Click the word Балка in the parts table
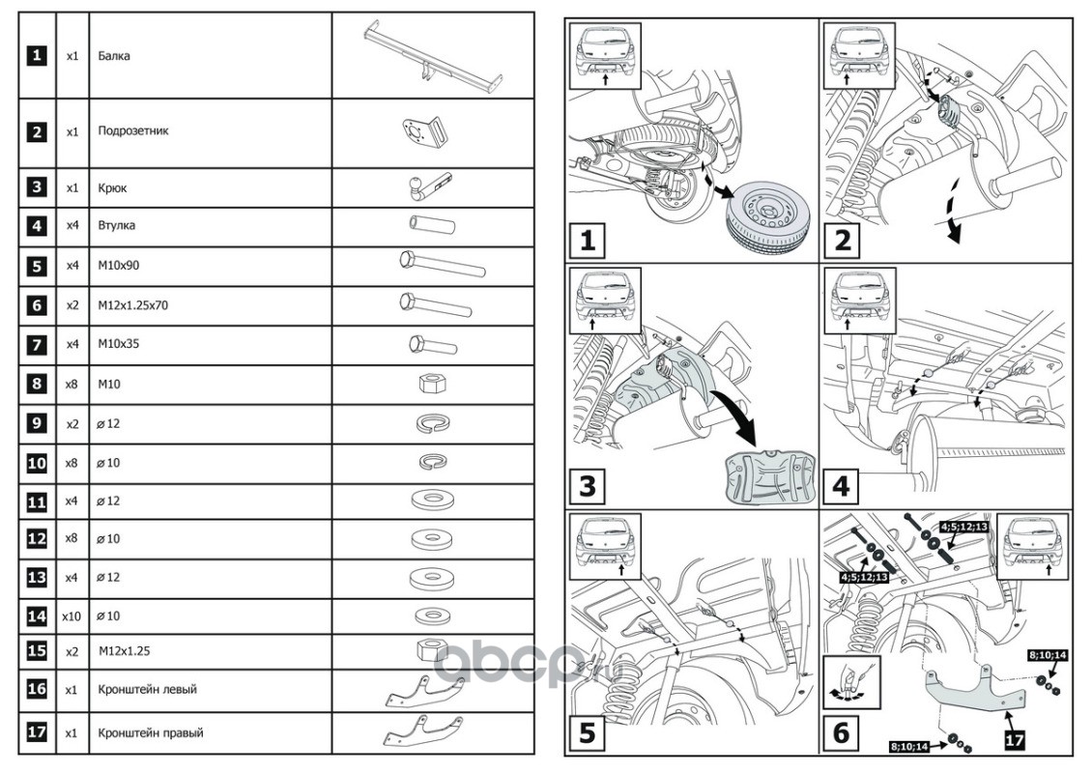pyautogui.click(x=114, y=56)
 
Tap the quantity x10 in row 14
pyautogui.click(x=72, y=616)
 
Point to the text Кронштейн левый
pyautogui.click(x=148, y=690)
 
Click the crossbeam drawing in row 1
pyautogui.click(x=432, y=56)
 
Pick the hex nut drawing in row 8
pyautogui.click(x=431, y=385)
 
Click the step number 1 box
pyautogui.click(x=588, y=239)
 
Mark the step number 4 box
pyautogui.click(x=841, y=484)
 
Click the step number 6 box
pyautogui.click(x=841, y=731)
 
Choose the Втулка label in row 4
pyautogui.click(x=116, y=226)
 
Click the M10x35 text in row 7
pyautogui.click(x=118, y=345)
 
